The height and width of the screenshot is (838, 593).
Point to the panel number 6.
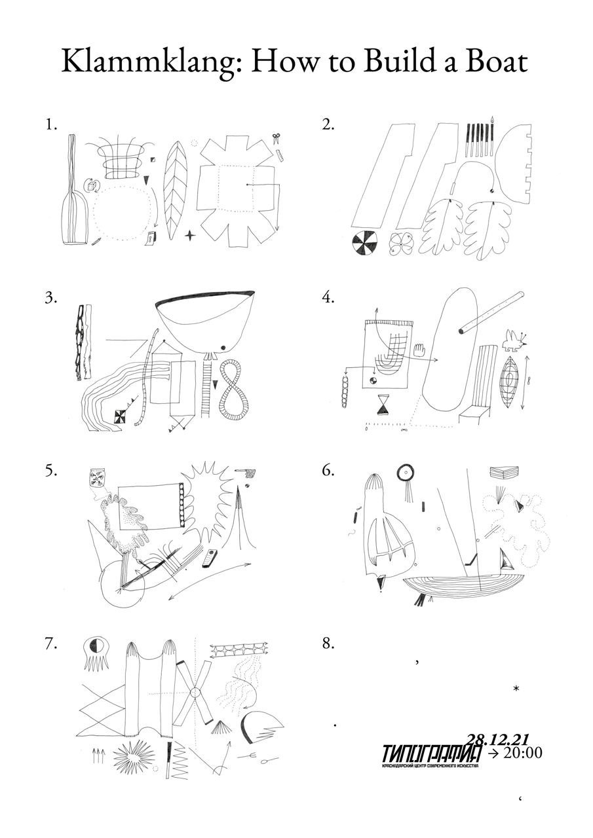[328, 471]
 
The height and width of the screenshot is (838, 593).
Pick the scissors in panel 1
[277, 139]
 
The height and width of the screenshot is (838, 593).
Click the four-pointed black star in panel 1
[190, 234]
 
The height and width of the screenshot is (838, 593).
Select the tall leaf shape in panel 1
[174, 190]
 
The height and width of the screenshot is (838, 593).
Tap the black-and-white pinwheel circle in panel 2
[364, 244]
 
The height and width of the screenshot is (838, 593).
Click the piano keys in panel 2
[479, 139]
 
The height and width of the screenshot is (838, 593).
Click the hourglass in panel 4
[383, 405]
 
